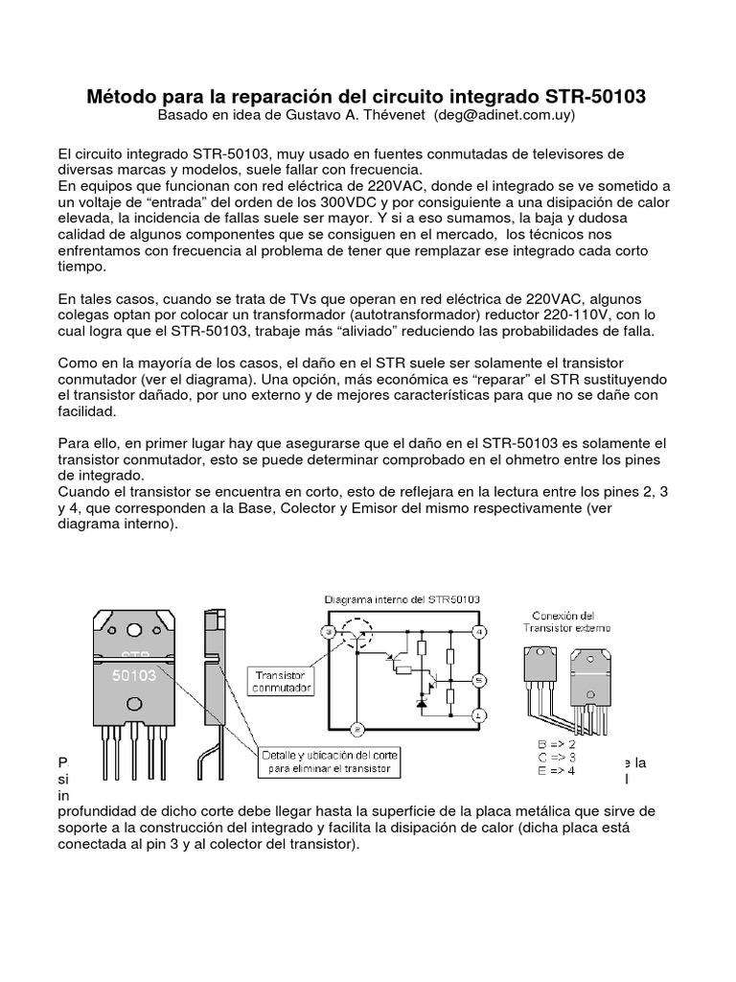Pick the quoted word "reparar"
(494, 381)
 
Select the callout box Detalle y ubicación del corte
(329, 762)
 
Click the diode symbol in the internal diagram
(419, 703)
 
